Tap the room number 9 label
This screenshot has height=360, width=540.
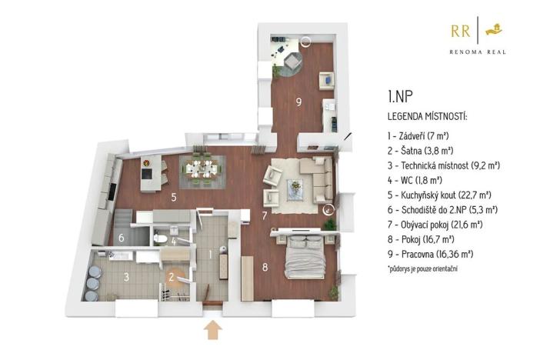297,102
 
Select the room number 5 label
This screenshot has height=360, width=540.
175,198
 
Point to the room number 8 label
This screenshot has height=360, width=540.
265,268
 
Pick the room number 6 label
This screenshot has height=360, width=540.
122,238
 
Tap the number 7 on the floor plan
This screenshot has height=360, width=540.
264,215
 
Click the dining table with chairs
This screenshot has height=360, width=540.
203,167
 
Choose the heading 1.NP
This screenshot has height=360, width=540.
402,97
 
